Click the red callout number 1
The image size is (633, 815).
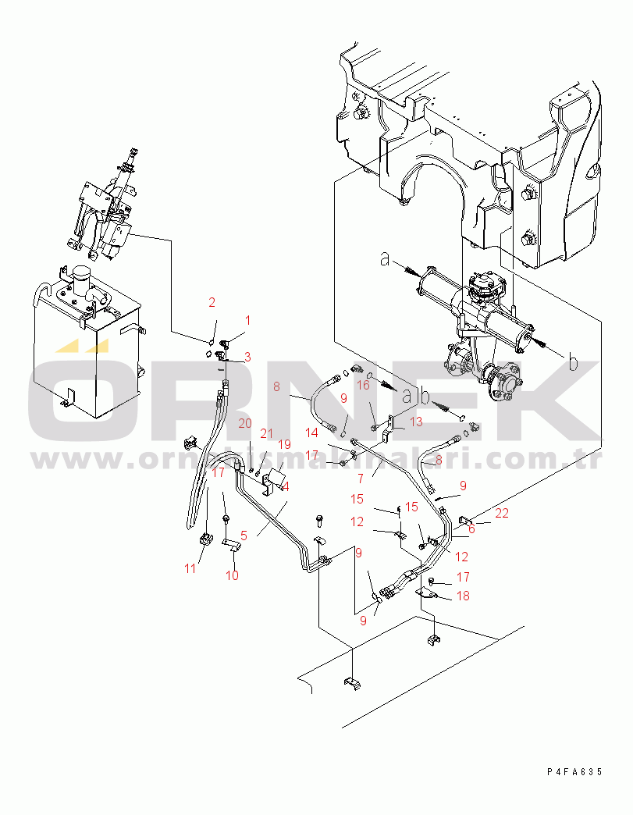point(248,320)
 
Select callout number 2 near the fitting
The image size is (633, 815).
point(212,301)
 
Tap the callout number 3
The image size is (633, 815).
point(247,357)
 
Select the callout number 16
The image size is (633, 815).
point(364,385)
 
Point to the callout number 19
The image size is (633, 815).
point(284,445)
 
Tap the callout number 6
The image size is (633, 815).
point(471,529)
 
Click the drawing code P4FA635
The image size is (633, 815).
point(574,771)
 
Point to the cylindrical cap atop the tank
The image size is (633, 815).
point(81,277)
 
